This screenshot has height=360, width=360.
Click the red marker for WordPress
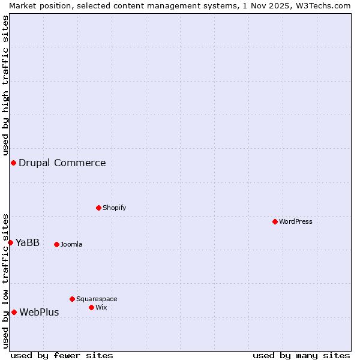click(275, 221)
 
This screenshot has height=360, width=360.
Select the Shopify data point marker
click(98, 208)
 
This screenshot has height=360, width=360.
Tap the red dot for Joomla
click(56, 244)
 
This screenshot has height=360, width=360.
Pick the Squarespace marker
click(72, 299)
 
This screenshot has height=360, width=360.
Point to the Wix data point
click(91, 307)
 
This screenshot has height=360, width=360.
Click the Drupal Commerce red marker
click(13, 163)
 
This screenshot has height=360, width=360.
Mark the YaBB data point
click(10, 242)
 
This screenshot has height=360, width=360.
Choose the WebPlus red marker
click(14, 312)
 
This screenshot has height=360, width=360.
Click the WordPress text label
click(296, 221)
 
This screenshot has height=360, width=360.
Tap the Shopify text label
click(114, 208)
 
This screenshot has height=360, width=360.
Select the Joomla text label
click(71, 244)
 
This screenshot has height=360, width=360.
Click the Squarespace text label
click(97, 299)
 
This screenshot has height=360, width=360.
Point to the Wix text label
click(101, 307)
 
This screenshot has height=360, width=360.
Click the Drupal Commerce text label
click(62, 163)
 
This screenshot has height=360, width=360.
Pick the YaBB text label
click(28, 242)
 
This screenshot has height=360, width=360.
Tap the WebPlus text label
click(39, 312)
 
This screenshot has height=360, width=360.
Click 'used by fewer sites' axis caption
click(62, 355)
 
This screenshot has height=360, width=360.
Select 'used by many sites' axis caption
click(301, 355)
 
